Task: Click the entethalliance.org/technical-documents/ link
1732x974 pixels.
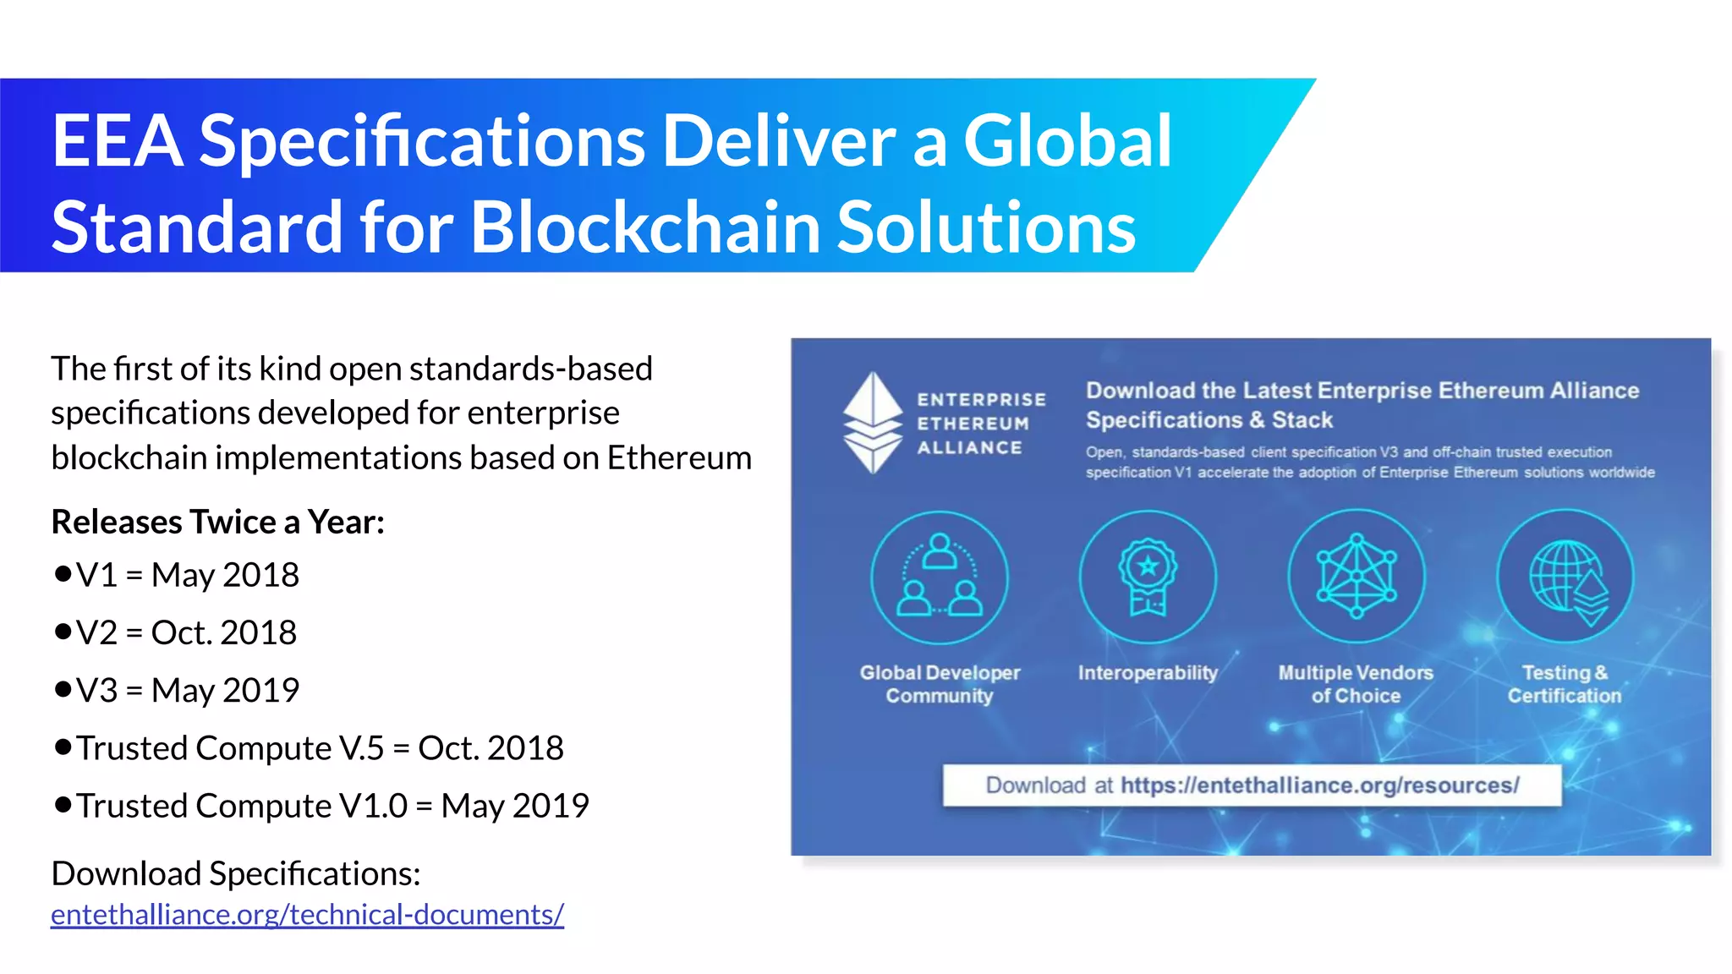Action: (x=307, y=915)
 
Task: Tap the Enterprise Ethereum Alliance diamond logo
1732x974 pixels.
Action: (x=873, y=423)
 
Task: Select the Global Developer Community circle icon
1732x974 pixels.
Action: (x=940, y=577)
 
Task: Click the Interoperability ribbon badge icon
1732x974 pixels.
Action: (x=1148, y=577)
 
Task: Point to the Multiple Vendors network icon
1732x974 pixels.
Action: (x=1357, y=577)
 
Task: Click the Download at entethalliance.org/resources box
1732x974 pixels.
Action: (x=1252, y=785)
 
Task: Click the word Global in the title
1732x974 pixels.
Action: (x=1067, y=140)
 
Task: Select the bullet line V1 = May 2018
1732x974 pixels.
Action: (x=187, y=575)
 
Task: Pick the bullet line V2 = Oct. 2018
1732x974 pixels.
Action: (x=186, y=632)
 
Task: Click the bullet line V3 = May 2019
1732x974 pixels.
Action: (x=187, y=690)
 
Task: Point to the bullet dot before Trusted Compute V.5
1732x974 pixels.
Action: (x=63, y=747)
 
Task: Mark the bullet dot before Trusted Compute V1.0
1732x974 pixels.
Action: (x=63, y=804)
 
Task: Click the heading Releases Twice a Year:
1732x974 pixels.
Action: (x=217, y=522)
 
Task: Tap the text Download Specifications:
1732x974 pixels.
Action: (x=236, y=873)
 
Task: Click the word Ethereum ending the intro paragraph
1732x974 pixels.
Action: (x=679, y=457)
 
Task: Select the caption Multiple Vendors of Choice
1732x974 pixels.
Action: (x=1356, y=684)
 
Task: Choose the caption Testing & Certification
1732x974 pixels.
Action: (x=1565, y=684)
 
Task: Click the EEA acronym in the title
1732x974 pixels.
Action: (x=118, y=140)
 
